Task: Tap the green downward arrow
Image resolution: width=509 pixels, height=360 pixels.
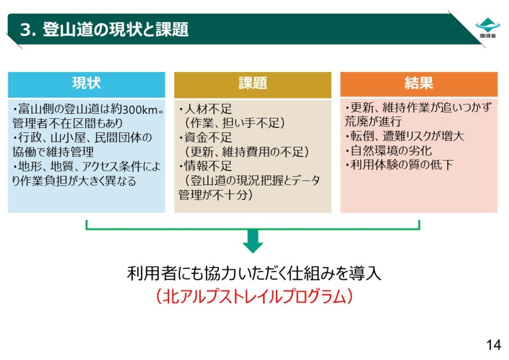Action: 253,240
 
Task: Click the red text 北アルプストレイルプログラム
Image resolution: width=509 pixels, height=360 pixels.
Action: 253,297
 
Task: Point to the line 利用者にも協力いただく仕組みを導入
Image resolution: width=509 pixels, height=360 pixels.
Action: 253,273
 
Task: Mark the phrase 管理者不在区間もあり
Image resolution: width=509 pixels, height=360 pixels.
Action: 68,123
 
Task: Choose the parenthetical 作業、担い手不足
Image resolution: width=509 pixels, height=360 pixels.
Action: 235,123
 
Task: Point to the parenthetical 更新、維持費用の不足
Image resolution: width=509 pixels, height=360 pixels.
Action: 247,152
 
